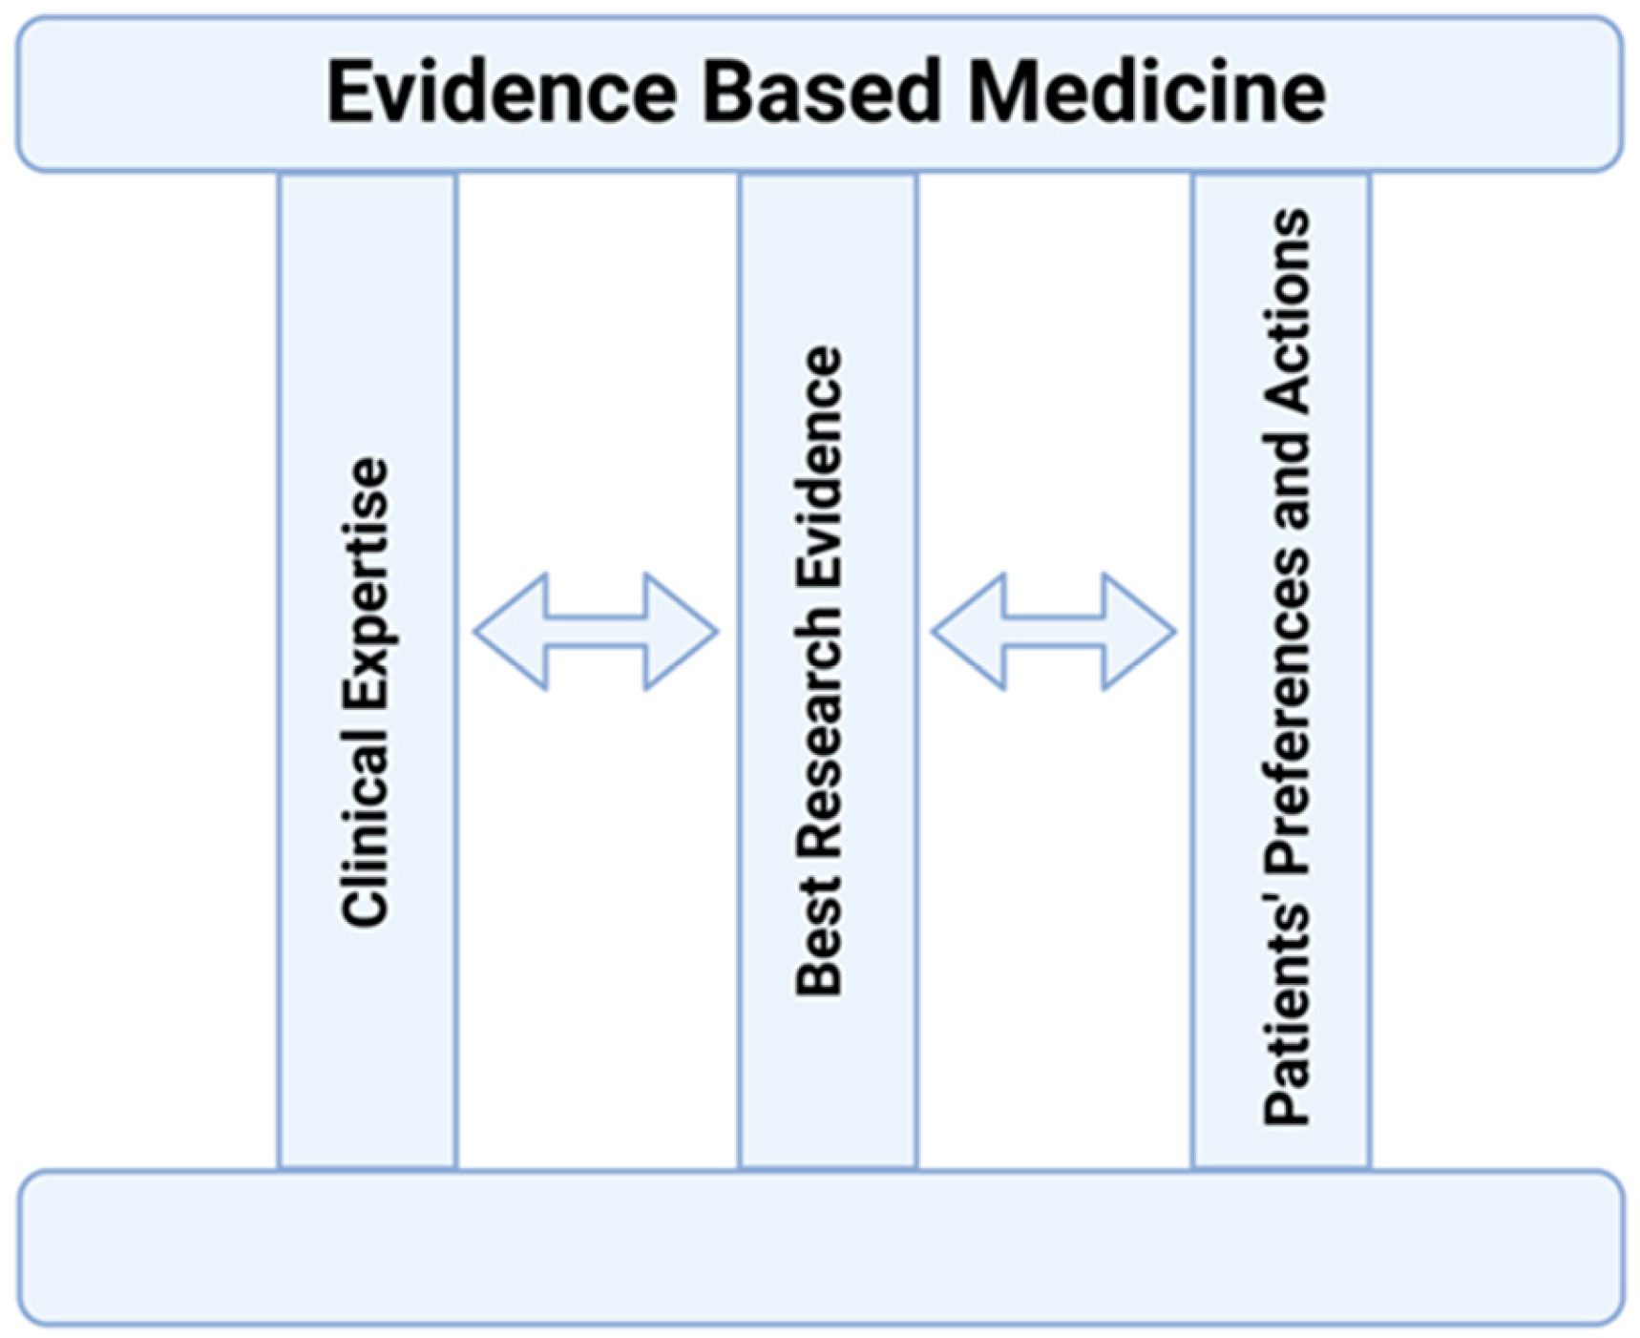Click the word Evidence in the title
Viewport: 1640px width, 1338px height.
point(502,93)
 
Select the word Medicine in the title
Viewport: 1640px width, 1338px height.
point(1146,93)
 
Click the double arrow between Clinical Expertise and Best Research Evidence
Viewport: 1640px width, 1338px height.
point(596,632)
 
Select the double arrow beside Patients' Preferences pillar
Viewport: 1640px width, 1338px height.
point(1053,632)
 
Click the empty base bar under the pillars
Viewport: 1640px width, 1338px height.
point(820,1247)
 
